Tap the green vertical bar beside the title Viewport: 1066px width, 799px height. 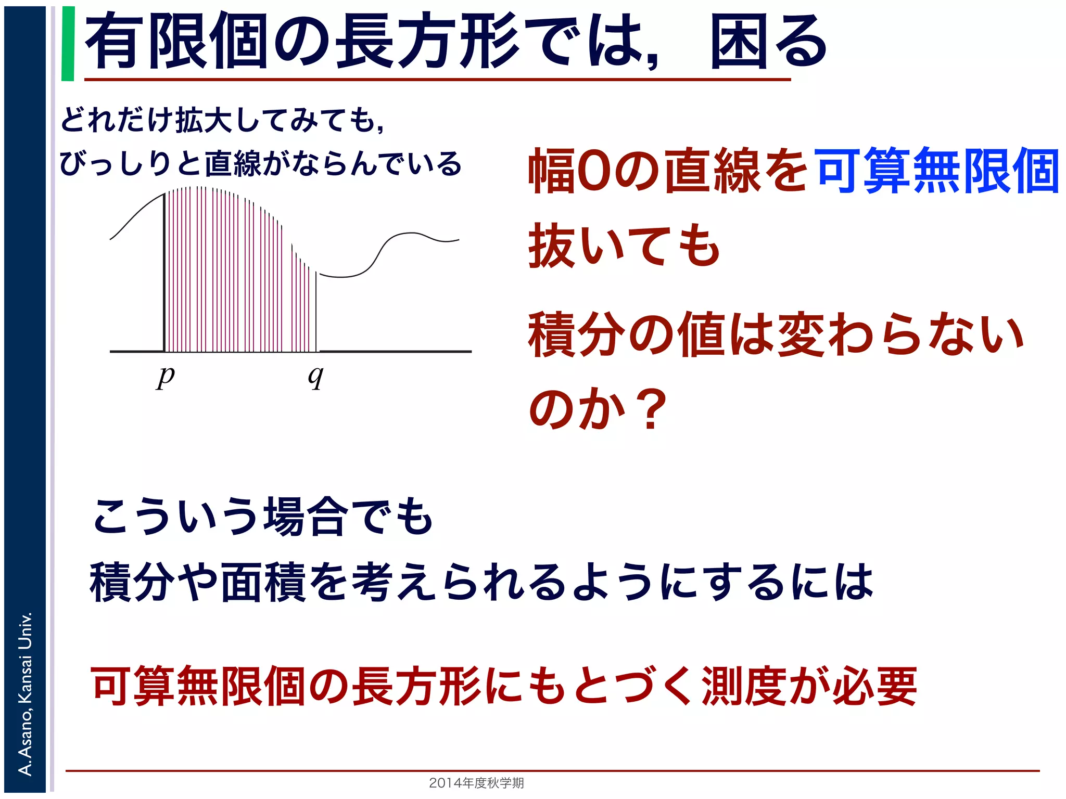68,44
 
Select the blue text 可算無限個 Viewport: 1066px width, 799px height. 937,171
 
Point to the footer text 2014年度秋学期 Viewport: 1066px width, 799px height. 476,782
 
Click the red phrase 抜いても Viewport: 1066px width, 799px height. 624,246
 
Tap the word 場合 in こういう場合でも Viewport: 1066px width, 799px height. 306,517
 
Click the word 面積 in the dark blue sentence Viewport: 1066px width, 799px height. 263,582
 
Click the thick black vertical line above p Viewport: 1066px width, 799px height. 164,270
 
